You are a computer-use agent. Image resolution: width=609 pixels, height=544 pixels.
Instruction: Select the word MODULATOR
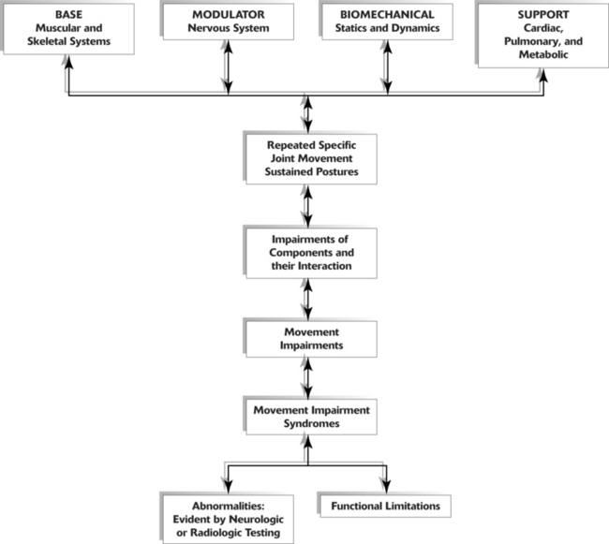(x=227, y=16)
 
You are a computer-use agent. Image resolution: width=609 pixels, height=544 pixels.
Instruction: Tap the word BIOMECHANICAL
(x=385, y=16)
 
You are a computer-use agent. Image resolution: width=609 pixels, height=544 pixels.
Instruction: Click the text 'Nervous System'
(x=227, y=29)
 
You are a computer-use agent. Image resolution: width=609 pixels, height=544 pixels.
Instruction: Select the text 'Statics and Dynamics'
(x=385, y=29)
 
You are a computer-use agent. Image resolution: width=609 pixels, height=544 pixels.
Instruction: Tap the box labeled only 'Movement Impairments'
(x=309, y=338)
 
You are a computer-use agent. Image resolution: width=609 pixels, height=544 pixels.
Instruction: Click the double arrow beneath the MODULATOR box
(x=227, y=70)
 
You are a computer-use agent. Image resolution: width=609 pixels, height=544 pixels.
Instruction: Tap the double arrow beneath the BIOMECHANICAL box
(x=385, y=70)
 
